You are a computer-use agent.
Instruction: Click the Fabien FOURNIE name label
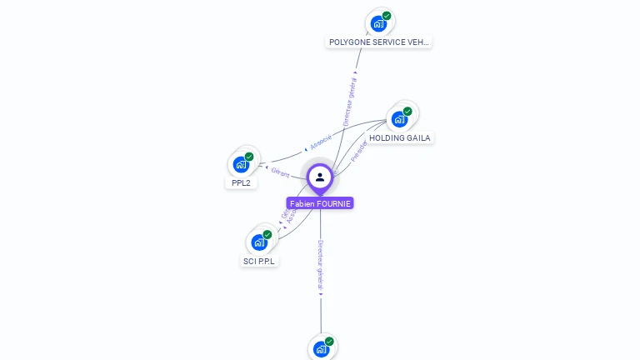pyautogui.click(x=320, y=203)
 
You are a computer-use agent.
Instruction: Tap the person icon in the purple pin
pyautogui.click(x=320, y=177)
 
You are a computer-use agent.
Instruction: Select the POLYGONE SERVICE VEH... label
pyautogui.click(x=379, y=42)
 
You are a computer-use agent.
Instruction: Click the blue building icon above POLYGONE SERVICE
pyautogui.click(x=379, y=23)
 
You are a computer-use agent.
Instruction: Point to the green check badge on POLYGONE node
pyautogui.click(x=387, y=16)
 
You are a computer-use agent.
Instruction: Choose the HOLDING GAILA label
pyautogui.click(x=400, y=137)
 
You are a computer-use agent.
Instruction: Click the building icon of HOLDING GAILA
pyautogui.click(x=400, y=119)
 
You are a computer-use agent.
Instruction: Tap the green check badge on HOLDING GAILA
pyautogui.click(x=407, y=112)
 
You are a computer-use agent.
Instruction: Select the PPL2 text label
pyautogui.click(x=241, y=182)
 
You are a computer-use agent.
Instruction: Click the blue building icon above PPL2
pyautogui.click(x=241, y=164)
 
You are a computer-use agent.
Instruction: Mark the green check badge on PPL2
pyautogui.click(x=249, y=157)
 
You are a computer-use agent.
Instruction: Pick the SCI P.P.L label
pyautogui.click(x=258, y=261)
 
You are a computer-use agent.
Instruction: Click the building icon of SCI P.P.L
pyautogui.click(x=259, y=242)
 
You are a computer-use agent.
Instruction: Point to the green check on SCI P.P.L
pyautogui.click(x=267, y=235)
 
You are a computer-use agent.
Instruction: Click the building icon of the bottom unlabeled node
pyautogui.click(x=321, y=349)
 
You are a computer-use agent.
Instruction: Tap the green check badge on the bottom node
pyautogui.click(x=329, y=342)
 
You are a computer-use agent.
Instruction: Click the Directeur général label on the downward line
pyautogui.click(x=321, y=266)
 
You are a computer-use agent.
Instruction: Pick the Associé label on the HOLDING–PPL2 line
pyautogui.click(x=320, y=142)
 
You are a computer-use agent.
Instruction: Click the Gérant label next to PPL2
pyautogui.click(x=281, y=172)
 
